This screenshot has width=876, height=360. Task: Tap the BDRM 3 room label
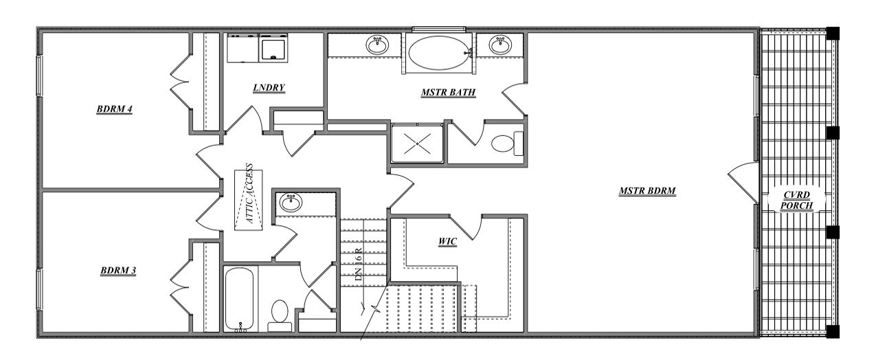117,270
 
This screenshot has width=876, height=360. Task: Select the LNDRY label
269,87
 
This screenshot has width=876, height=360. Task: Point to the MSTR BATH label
449,92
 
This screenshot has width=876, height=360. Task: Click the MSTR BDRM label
647,191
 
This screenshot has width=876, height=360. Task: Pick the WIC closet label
448,241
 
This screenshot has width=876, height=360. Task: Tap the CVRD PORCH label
797,200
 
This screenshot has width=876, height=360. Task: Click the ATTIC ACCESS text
249,194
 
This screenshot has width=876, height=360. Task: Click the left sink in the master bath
377,45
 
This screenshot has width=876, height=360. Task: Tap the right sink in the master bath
499,45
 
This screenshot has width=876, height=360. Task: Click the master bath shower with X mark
418,144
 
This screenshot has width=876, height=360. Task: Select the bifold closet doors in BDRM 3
181,278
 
